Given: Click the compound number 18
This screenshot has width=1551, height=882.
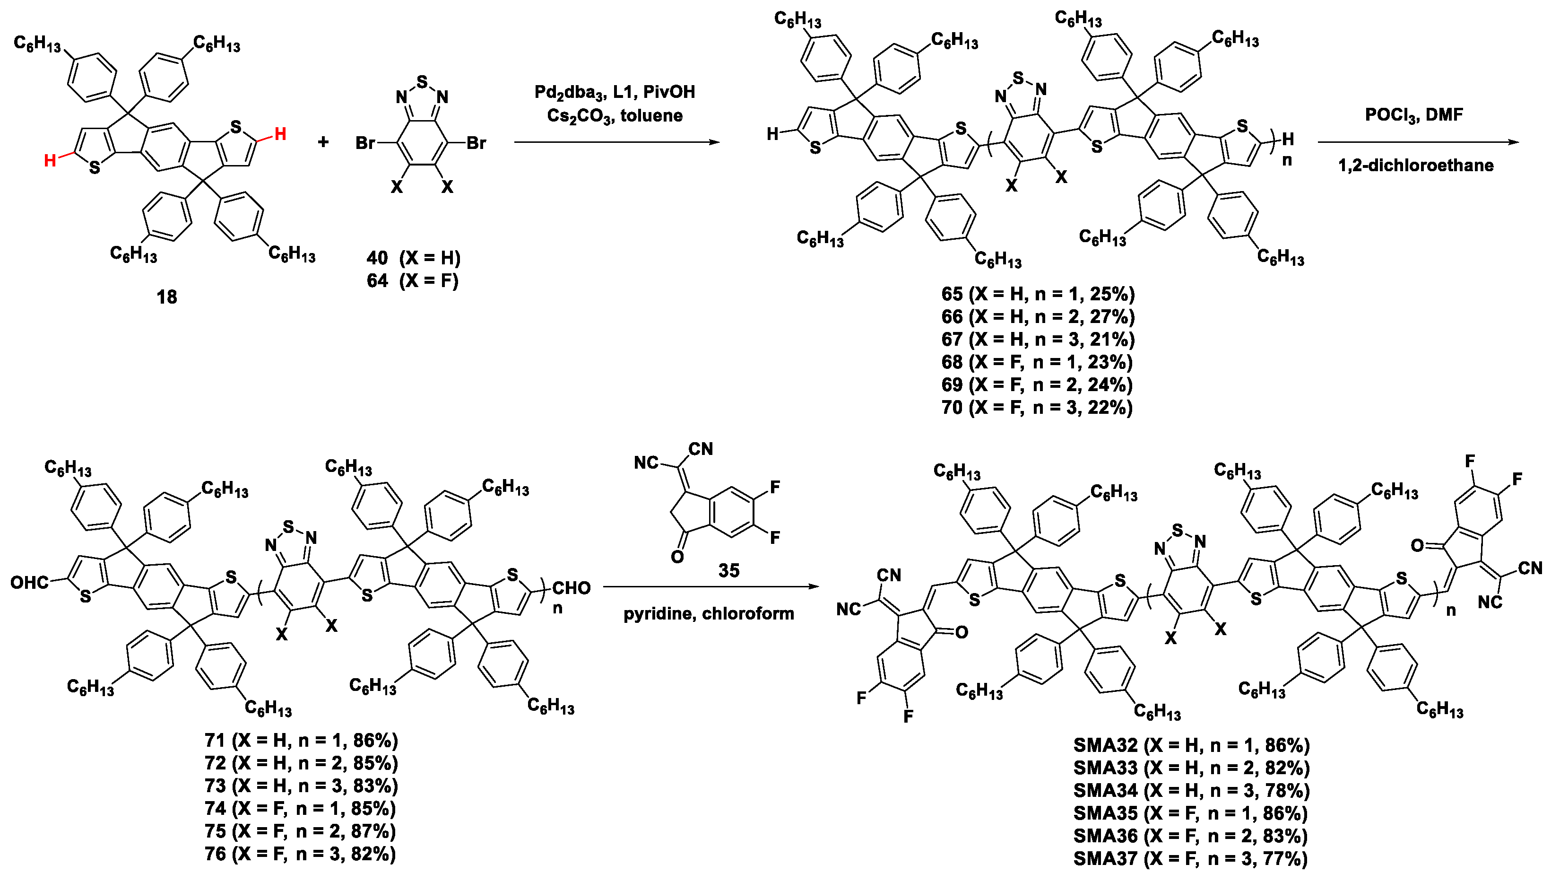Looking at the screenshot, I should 167,297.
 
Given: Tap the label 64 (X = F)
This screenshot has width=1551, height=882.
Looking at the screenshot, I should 413,280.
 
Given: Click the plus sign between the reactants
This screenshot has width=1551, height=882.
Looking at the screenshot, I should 323,142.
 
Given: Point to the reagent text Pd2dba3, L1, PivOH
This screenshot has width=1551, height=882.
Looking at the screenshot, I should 615,92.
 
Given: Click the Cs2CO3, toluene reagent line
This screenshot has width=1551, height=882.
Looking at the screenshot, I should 615,116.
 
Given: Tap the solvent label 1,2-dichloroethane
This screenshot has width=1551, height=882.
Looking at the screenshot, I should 1415,166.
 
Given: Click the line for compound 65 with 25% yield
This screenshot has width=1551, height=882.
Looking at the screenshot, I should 1038,295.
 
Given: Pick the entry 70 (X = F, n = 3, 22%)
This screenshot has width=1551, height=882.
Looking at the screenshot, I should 1037,408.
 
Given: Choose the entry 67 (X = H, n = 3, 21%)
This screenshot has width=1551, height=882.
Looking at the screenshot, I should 1038,339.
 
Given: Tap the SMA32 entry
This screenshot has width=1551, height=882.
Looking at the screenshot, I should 1191,745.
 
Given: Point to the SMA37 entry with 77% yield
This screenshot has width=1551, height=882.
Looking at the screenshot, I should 1190,858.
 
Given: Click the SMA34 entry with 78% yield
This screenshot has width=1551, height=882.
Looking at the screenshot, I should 1191,791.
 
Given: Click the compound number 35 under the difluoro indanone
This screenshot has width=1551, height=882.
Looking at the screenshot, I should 729,571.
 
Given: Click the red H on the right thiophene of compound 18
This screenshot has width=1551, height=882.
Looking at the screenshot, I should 280,134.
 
